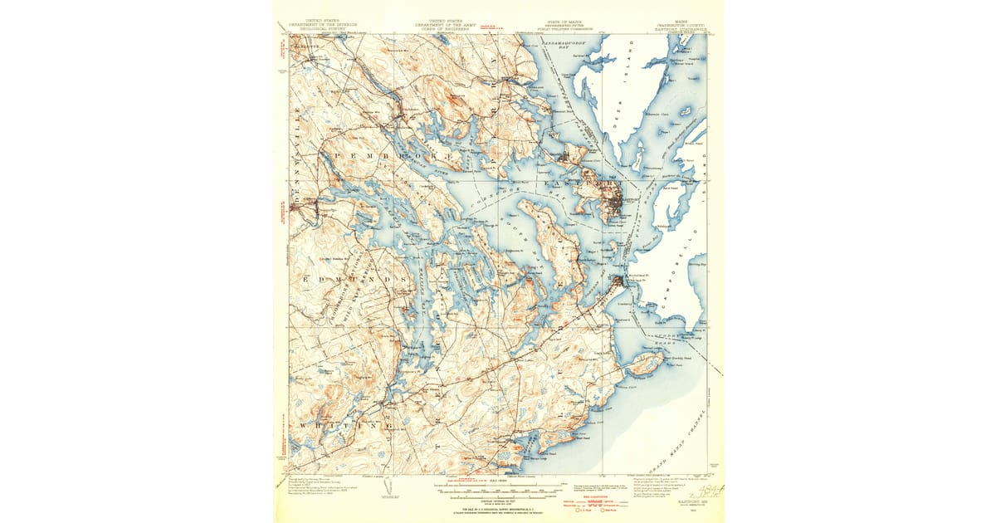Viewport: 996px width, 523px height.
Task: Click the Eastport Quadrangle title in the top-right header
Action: [683, 27]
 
